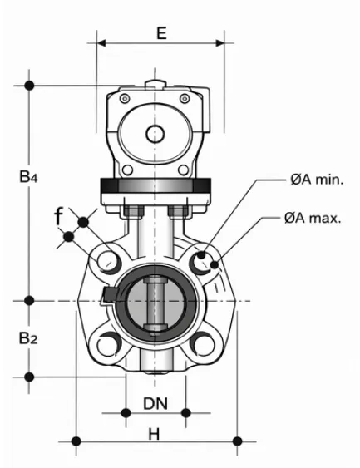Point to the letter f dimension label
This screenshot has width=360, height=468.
tap(59, 218)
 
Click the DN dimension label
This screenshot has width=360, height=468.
tap(155, 403)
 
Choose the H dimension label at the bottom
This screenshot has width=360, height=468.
tap(155, 433)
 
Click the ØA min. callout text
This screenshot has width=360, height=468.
tap(317, 179)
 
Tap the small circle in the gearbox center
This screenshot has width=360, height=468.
tap(155, 133)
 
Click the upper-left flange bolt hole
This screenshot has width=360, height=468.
tap(107, 262)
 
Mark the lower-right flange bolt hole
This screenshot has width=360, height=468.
tap(204, 342)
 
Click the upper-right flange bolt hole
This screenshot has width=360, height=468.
tap(204, 262)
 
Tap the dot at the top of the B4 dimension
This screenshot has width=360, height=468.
tap(30, 85)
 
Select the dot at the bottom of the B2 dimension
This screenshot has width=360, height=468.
tap(30, 377)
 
